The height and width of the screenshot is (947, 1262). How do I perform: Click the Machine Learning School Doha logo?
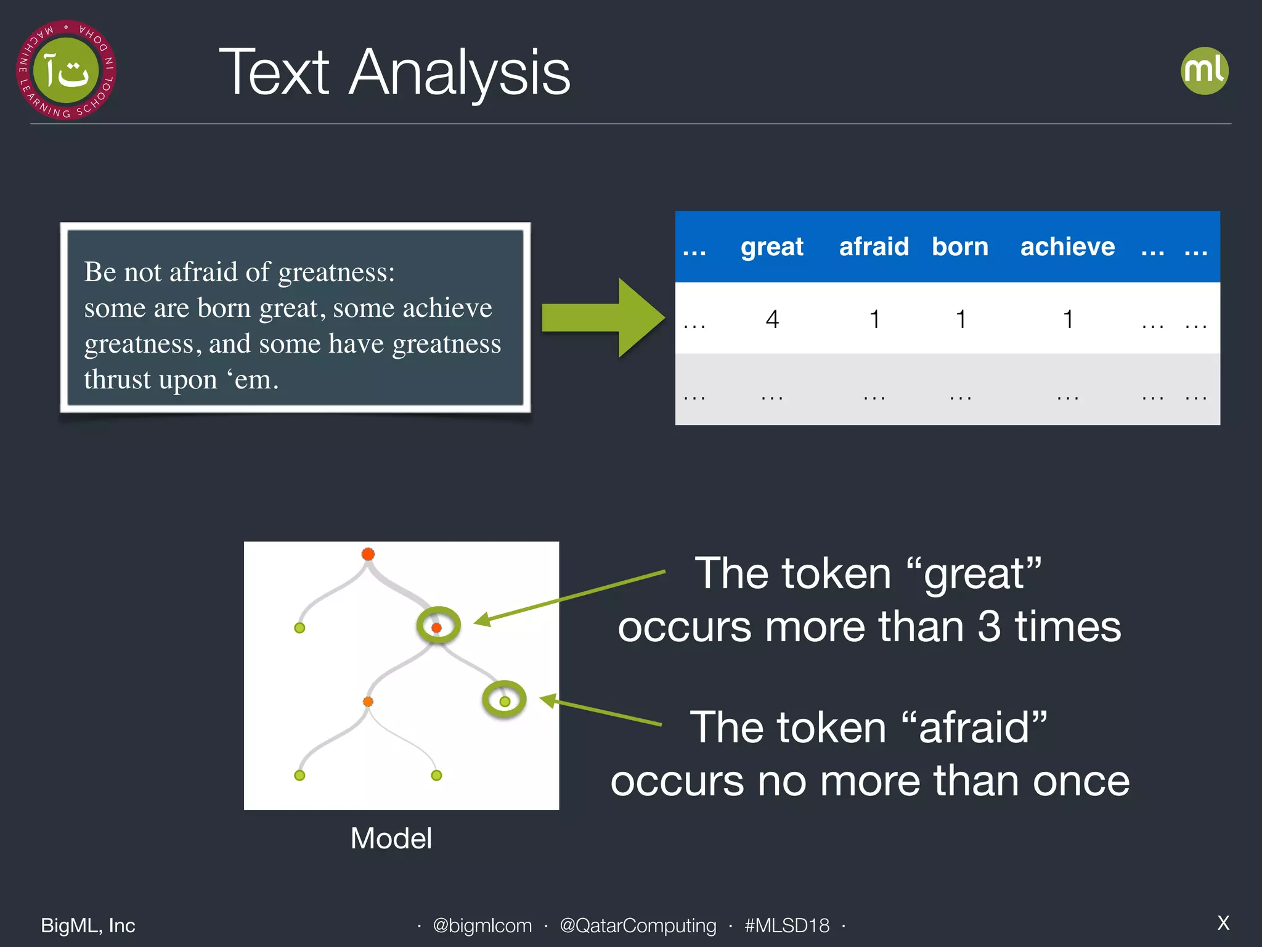[66, 70]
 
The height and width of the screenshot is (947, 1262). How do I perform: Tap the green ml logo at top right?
[1204, 71]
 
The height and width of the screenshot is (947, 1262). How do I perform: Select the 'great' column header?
[771, 247]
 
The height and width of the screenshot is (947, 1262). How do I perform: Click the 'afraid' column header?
[874, 247]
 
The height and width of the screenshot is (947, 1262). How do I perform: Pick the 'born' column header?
[959, 247]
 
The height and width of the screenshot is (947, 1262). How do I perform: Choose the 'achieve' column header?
[1067, 247]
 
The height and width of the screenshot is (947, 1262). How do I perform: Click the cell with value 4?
[772, 319]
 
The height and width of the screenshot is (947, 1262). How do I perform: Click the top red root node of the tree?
[368, 554]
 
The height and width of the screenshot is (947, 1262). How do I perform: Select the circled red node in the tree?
[437, 627]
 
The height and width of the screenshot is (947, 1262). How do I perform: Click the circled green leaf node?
[505, 701]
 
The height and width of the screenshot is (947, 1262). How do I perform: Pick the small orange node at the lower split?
[368, 702]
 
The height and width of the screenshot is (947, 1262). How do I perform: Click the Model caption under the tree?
[391, 838]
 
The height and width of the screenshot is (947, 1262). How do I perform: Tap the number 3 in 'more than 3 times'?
[988, 626]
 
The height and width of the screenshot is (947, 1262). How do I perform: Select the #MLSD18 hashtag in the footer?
[786, 925]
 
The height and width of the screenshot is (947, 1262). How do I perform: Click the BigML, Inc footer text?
[88, 925]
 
